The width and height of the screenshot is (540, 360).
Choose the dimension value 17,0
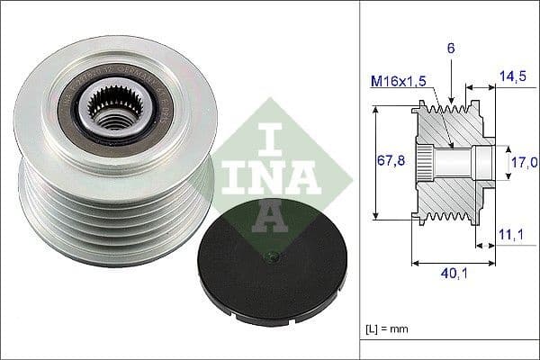click(522, 161)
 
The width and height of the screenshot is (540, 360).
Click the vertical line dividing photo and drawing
click(359, 180)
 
